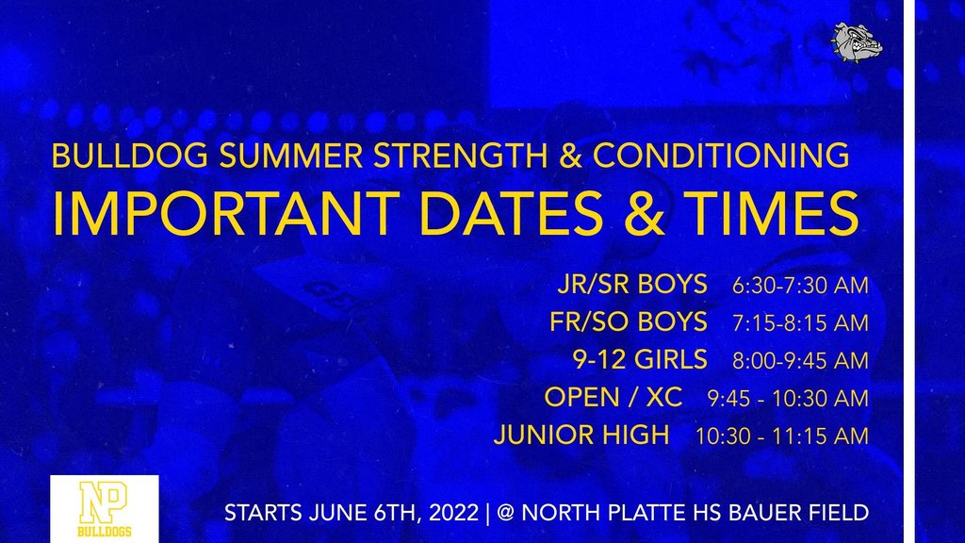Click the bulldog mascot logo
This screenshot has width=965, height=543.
[x=857, y=42]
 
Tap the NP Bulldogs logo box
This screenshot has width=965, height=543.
[x=105, y=509]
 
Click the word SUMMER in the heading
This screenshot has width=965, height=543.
[x=291, y=156]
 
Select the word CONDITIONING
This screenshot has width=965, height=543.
[x=721, y=156]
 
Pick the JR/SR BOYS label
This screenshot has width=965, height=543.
[x=632, y=285]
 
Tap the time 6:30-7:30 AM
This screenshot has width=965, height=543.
[x=800, y=286]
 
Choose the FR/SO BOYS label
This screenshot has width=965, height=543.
[x=629, y=322]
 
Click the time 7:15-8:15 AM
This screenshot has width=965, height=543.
[x=800, y=323]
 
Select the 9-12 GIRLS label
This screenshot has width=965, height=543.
[x=640, y=359]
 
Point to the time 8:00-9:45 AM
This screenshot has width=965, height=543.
[x=800, y=361]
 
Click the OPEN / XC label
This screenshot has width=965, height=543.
[x=613, y=397]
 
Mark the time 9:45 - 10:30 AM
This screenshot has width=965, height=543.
[x=788, y=399]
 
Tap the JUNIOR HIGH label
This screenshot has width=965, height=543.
[x=581, y=435]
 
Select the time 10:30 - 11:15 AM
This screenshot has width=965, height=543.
[x=781, y=436]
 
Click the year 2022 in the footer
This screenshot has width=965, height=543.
[x=453, y=513]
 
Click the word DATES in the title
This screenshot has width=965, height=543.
[x=511, y=213]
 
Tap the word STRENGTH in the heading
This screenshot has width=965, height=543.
[x=460, y=156]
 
